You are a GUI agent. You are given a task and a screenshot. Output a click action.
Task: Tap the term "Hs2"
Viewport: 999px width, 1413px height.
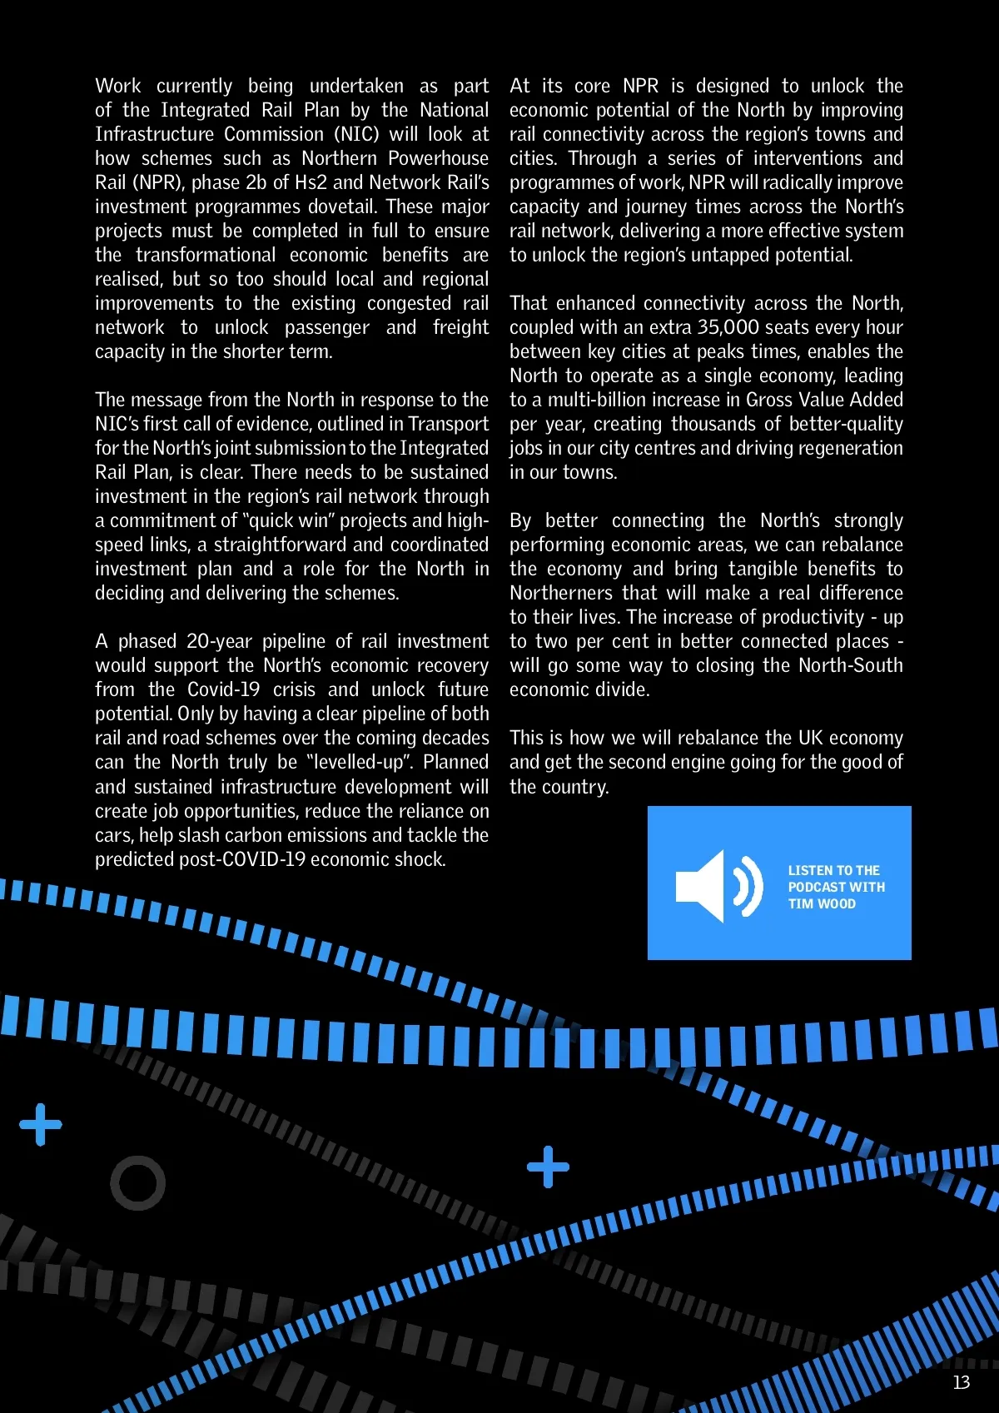pyautogui.click(x=311, y=182)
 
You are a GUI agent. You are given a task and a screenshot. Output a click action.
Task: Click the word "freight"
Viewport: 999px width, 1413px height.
pyautogui.click(x=460, y=327)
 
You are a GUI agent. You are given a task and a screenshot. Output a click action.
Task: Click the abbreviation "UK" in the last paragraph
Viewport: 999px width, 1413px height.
pyautogui.click(x=810, y=738)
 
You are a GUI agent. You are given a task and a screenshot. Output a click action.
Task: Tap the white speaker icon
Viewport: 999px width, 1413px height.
pyautogui.click(x=718, y=886)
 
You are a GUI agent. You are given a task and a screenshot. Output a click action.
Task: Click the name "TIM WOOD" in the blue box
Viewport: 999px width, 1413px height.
pyautogui.click(x=822, y=904)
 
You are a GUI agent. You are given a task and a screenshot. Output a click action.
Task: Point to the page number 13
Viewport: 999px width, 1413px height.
pyautogui.click(x=962, y=1382)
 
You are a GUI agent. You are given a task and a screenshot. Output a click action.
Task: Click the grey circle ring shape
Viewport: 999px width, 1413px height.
pyautogui.click(x=138, y=1182)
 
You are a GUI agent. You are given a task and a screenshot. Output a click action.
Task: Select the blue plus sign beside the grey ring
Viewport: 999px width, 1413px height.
pyautogui.click(x=41, y=1125)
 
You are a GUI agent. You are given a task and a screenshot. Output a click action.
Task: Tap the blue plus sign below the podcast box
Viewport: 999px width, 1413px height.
pyautogui.click(x=548, y=1167)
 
